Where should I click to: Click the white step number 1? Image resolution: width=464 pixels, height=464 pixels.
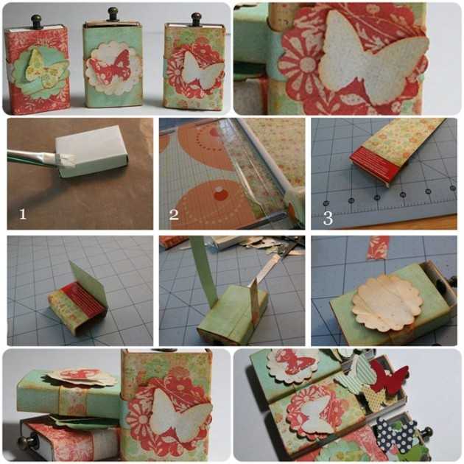coord(23,214)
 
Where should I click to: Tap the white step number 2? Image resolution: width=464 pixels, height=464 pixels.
coord(174,214)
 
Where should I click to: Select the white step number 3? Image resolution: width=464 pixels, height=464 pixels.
coord(328,218)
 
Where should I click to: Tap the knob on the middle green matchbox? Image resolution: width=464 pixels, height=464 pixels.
coord(113,14)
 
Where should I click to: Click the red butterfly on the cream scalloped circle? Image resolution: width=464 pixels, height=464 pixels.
coord(110,68)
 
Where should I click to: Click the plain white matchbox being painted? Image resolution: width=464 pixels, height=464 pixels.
coord(91,150)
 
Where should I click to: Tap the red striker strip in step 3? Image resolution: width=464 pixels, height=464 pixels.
coord(376,165)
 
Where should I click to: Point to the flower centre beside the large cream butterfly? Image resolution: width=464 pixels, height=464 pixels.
coord(308,64)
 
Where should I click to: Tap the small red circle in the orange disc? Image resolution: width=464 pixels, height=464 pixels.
coord(220,194)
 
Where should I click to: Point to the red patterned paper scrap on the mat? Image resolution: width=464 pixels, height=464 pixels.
coord(378,247)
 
